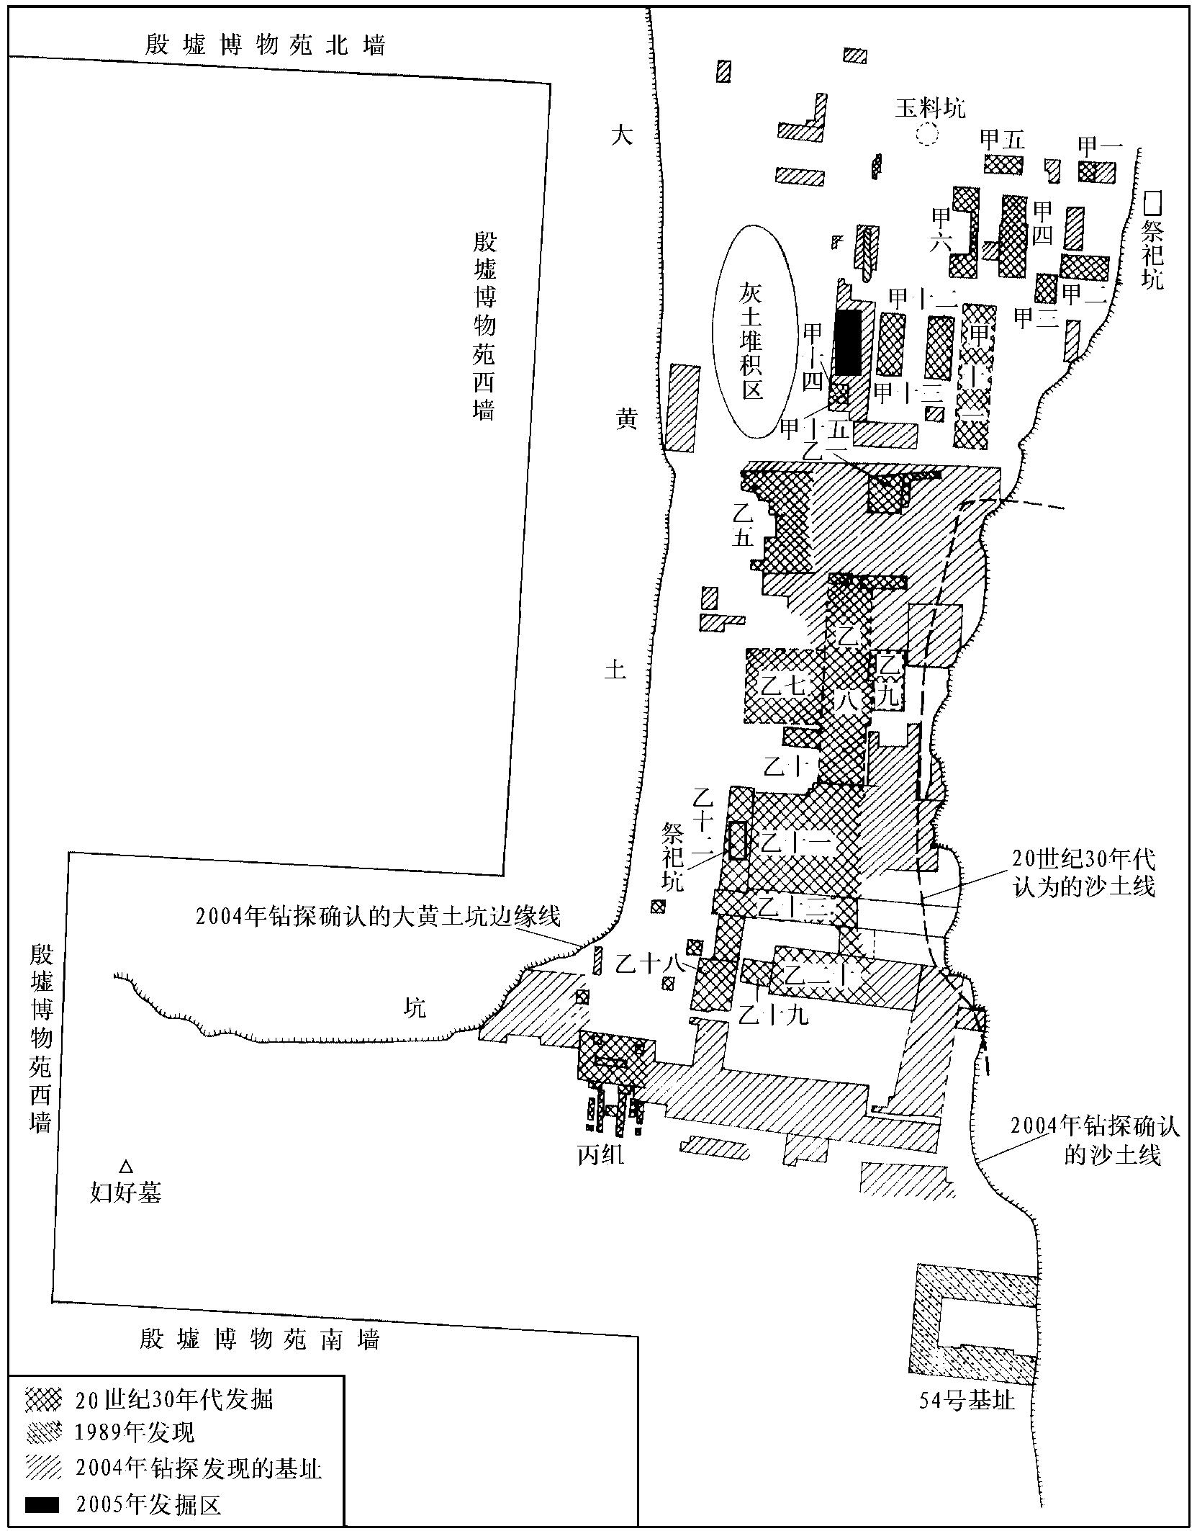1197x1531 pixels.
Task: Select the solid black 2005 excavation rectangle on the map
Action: point(848,342)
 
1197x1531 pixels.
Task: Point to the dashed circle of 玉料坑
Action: point(926,134)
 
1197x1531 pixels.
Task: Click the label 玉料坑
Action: point(930,108)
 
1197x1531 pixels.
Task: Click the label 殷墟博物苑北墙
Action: point(266,45)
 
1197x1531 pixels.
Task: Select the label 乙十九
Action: point(774,1013)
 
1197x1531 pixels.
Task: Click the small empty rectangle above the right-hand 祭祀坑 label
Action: point(1154,202)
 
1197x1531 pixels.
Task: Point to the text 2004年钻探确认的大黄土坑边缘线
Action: point(377,916)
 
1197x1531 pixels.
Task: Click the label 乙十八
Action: point(649,963)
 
